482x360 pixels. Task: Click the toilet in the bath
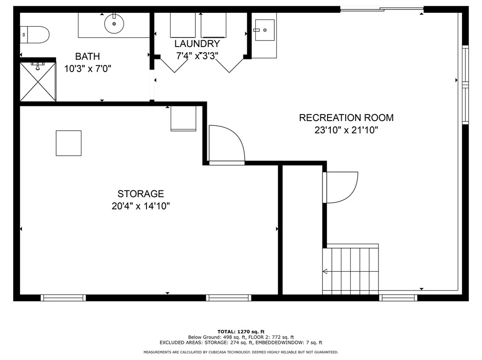(35, 35)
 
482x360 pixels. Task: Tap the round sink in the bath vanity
(114, 23)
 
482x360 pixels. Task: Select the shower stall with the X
(38, 82)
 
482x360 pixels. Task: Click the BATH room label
(87, 57)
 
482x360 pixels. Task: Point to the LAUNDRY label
(197, 44)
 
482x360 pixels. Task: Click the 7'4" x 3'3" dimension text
(197, 56)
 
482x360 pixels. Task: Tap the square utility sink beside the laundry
(265, 30)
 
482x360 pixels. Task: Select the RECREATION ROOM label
(346, 118)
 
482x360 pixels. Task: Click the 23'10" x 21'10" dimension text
(346, 130)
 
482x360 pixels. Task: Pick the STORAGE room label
(141, 194)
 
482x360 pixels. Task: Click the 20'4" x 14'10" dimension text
(141, 206)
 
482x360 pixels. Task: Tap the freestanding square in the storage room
(68, 143)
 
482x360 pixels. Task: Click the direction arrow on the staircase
(325, 271)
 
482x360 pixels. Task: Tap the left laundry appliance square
(183, 25)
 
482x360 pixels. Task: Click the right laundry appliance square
(213, 25)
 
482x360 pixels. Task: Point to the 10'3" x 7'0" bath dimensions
(87, 68)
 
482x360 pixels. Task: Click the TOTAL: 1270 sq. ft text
(241, 332)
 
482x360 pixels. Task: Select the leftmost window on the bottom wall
(63, 298)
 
